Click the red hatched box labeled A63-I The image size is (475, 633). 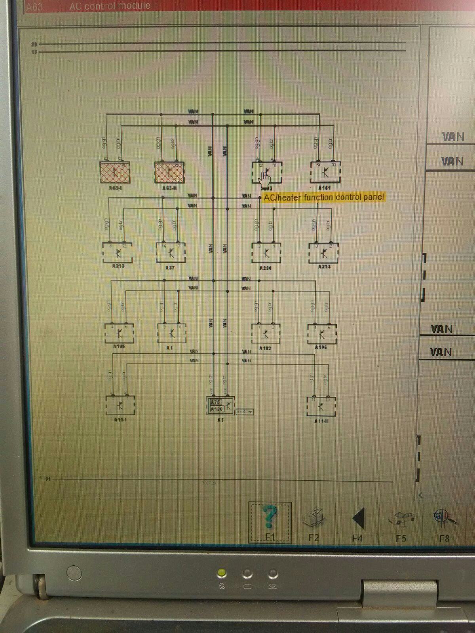click(115, 172)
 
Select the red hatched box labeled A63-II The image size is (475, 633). click(169, 172)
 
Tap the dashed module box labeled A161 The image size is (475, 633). click(325, 172)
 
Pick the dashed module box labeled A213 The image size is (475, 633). click(117, 252)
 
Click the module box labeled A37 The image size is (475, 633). click(171, 253)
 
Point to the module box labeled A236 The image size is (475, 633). click(266, 253)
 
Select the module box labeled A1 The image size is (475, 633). click(172, 334)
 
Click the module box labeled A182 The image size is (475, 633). click(266, 334)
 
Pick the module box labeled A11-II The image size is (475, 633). click(321, 406)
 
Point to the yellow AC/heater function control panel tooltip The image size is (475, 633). click(324, 197)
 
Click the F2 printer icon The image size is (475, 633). click(313, 517)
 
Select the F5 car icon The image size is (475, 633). click(401, 518)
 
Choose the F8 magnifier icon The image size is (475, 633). click(445, 517)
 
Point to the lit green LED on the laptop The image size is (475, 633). click(222, 573)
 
